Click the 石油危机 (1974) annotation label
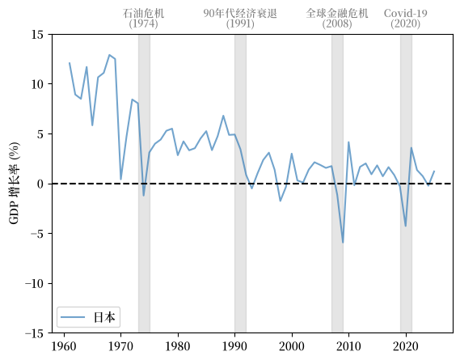[x=143, y=19]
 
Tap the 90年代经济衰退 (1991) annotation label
[x=240, y=19]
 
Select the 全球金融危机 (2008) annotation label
[x=337, y=19]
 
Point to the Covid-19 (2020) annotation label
[x=406, y=19]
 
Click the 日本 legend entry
[x=89, y=317]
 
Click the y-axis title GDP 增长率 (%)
[x=14, y=183]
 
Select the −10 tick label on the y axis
[x=36, y=283]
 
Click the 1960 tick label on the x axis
[x=64, y=346]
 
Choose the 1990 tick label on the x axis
[x=234, y=346]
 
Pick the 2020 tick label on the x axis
[x=406, y=346]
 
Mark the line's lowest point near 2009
[x=343, y=243]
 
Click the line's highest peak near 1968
[x=109, y=55]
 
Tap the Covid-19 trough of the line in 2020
[x=406, y=226]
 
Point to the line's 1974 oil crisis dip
[x=143, y=196]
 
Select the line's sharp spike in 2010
[x=348, y=142]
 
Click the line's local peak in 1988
[x=223, y=116]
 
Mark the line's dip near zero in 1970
[x=121, y=179]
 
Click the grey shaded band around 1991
[x=240, y=184]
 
